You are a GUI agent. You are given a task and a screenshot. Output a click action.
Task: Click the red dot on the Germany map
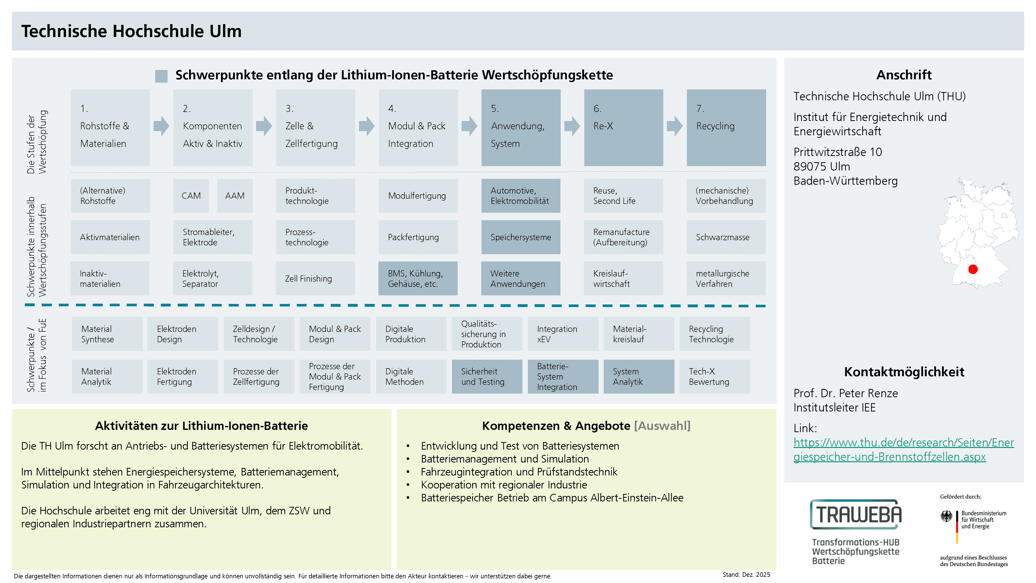(x=973, y=269)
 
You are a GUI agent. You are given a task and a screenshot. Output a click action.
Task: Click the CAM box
(x=191, y=195)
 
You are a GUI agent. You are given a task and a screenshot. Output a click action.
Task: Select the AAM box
(x=235, y=195)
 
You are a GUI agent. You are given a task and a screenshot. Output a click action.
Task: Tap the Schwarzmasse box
(x=726, y=237)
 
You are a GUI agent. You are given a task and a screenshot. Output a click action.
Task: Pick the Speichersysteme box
(x=521, y=237)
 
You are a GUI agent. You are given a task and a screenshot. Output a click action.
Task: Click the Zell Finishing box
(x=315, y=279)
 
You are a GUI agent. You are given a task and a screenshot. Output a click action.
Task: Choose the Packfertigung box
(x=418, y=237)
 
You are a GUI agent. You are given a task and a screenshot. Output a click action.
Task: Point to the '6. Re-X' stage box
(x=623, y=128)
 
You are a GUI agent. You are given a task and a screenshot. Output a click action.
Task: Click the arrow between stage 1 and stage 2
(x=162, y=126)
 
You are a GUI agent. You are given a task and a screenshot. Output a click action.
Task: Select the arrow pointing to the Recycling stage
(x=675, y=126)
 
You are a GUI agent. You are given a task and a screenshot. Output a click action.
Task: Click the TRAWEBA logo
(x=856, y=514)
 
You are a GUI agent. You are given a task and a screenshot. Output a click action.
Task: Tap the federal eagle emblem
(x=946, y=516)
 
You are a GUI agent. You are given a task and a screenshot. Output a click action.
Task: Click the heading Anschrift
(x=904, y=75)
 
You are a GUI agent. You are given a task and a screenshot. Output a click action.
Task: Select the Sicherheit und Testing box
(x=487, y=376)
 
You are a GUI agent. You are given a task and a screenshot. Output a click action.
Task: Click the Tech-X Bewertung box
(x=715, y=376)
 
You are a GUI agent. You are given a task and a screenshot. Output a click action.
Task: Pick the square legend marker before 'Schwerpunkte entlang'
(x=161, y=76)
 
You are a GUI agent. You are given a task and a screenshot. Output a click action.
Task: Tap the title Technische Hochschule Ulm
(x=131, y=31)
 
